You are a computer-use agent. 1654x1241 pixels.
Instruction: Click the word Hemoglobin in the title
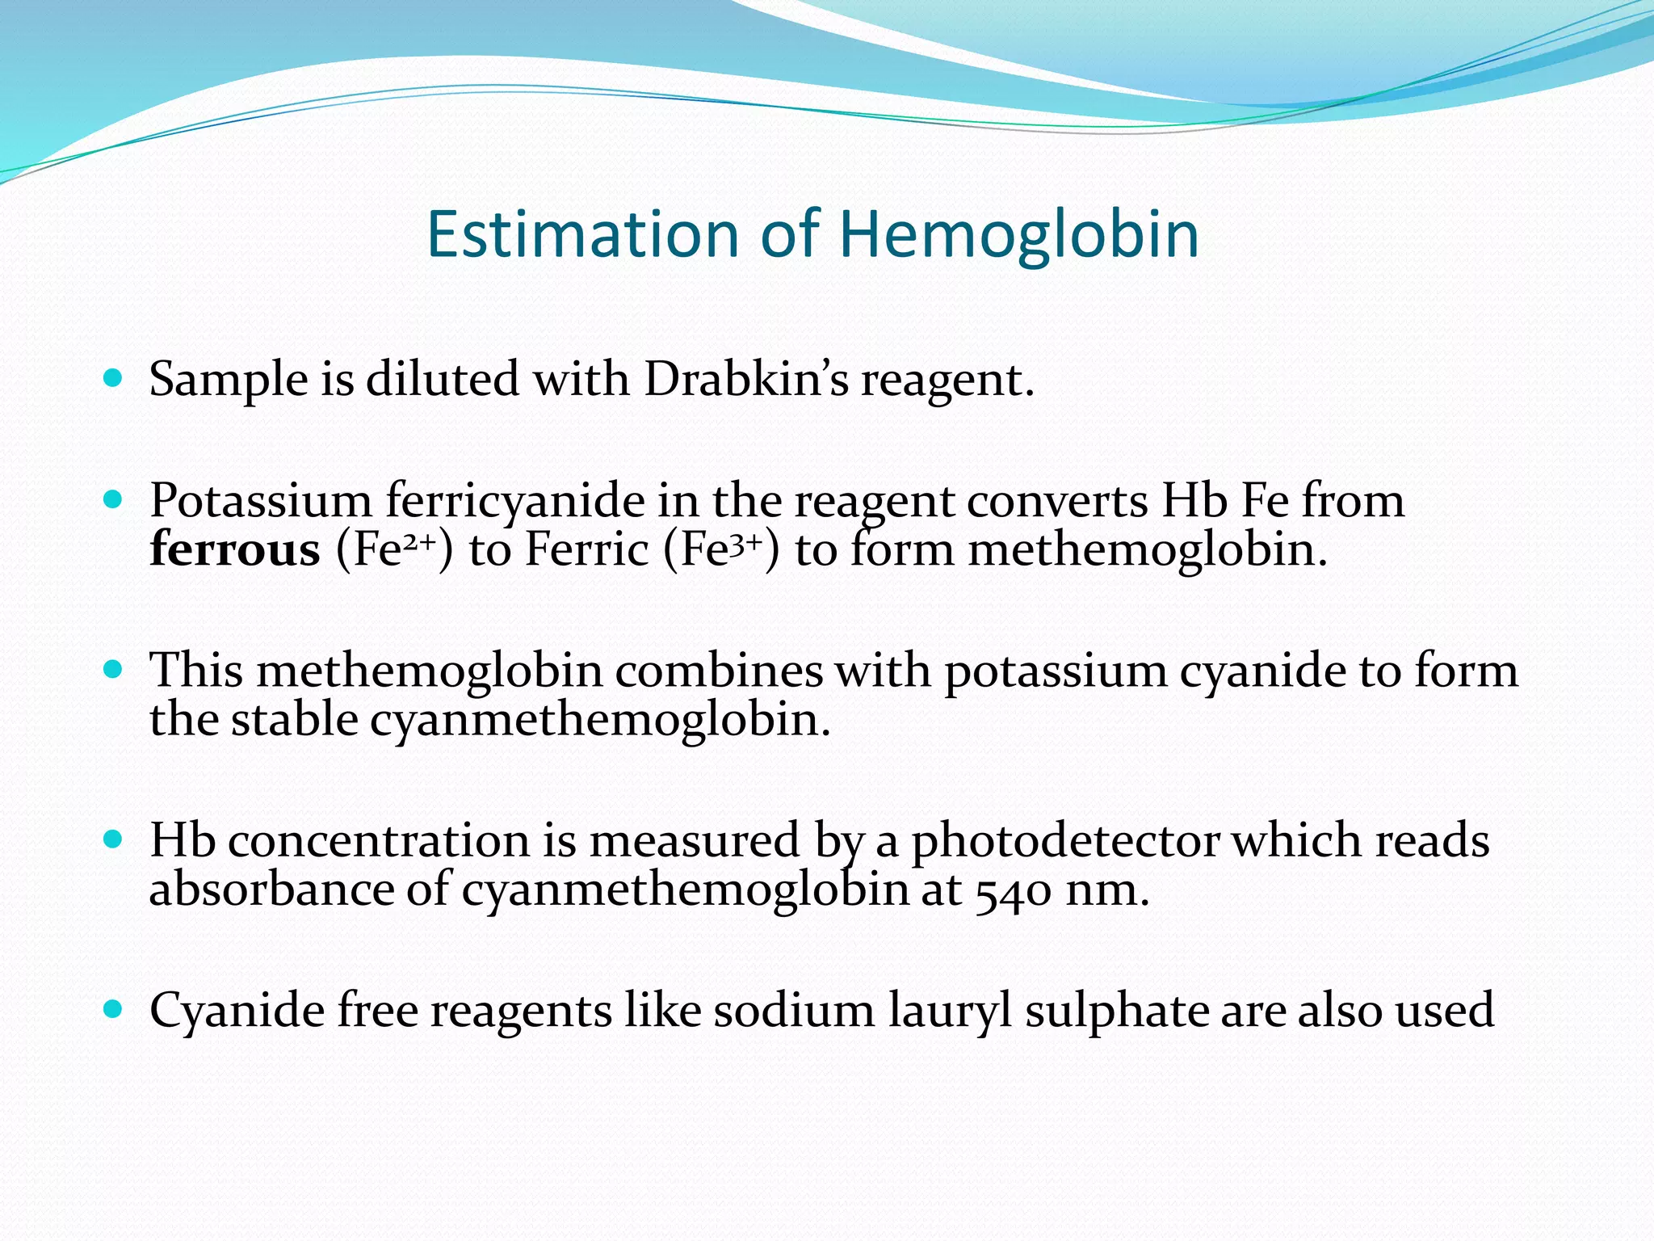(x=1018, y=234)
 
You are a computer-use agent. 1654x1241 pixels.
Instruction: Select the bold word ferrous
(x=235, y=550)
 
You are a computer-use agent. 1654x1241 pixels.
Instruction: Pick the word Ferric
(x=587, y=550)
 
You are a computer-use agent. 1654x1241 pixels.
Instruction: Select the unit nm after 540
(x=1106, y=891)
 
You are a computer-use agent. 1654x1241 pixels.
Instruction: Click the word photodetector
(x=1065, y=842)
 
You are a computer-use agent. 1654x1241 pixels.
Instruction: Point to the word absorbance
(x=271, y=890)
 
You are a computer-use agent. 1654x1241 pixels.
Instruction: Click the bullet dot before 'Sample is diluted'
(x=113, y=377)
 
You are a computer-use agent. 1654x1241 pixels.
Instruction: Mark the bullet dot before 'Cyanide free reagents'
(x=113, y=1009)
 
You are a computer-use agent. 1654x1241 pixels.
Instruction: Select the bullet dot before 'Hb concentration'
(x=113, y=839)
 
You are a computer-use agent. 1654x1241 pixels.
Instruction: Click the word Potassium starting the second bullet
(x=260, y=502)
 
